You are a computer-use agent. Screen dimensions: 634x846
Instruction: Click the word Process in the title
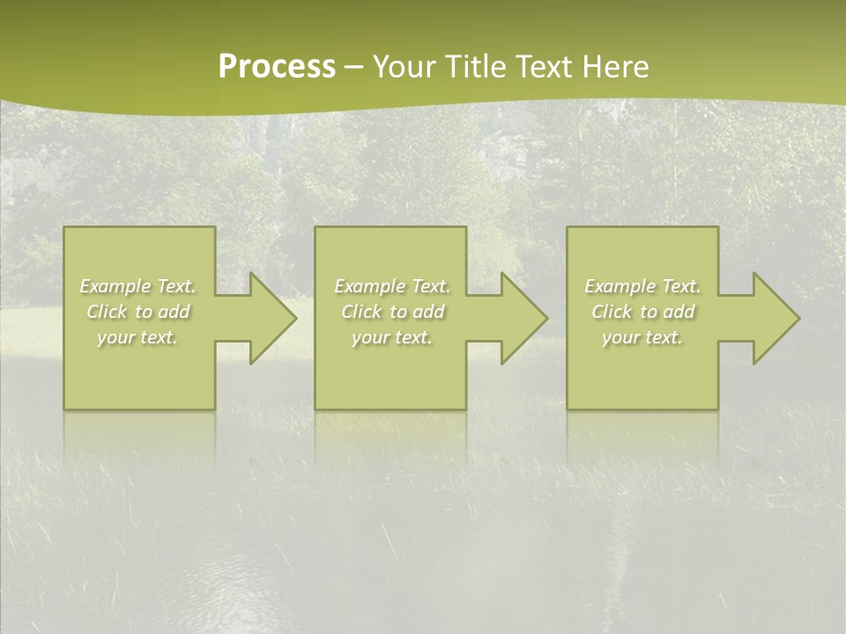277,67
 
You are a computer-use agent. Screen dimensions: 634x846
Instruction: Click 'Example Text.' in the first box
138,286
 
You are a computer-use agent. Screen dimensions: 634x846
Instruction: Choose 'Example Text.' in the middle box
392,286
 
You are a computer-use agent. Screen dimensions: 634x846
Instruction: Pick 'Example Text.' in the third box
642,286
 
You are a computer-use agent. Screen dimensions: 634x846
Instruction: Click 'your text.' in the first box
138,337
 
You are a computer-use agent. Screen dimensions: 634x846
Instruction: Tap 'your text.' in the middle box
392,337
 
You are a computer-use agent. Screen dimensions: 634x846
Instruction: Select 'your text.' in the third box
642,337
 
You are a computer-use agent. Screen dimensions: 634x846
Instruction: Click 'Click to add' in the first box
138,312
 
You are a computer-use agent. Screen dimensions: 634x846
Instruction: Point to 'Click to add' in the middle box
392,312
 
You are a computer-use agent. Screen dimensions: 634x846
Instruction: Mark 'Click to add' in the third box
642,312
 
